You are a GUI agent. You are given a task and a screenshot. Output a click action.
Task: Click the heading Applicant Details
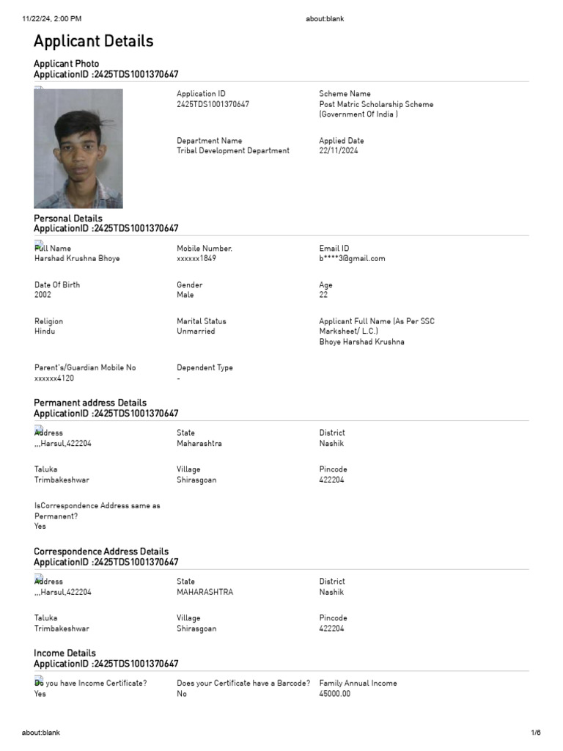click(94, 41)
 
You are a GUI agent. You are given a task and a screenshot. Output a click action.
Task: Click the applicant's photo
click(78, 149)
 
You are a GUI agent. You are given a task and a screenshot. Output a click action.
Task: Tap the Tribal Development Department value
click(233, 151)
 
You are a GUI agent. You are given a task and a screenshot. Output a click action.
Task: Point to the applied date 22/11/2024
click(339, 151)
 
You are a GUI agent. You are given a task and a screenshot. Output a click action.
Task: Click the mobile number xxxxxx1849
click(196, 259)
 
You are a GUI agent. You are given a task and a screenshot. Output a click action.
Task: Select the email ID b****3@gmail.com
click(352, 259)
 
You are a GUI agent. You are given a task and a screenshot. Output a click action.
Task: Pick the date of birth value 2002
click(43, 295)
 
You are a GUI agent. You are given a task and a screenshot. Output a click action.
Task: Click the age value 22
click(323, 295)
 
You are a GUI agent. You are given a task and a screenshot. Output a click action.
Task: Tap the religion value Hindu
click(45, 331)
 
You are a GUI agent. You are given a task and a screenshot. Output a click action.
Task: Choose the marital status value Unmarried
click(196, 331)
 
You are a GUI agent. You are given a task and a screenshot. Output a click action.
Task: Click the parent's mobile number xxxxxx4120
click(54, 378)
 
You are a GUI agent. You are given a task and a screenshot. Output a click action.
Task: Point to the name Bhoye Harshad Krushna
click(361, 342)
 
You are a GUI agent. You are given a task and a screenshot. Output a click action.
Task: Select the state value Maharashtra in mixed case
click(199, 444)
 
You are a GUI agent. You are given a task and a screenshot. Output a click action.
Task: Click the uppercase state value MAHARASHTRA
click(205, 593)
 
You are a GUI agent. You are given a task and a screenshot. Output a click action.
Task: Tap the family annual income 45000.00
click(335, 694)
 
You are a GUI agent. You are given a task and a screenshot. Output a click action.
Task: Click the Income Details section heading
click(65, 653)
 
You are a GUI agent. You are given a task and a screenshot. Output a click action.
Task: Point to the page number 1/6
click(536, 733)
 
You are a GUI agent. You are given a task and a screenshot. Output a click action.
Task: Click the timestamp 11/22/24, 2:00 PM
click(52, 19)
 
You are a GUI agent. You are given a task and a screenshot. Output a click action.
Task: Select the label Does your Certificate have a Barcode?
click(243, 684)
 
